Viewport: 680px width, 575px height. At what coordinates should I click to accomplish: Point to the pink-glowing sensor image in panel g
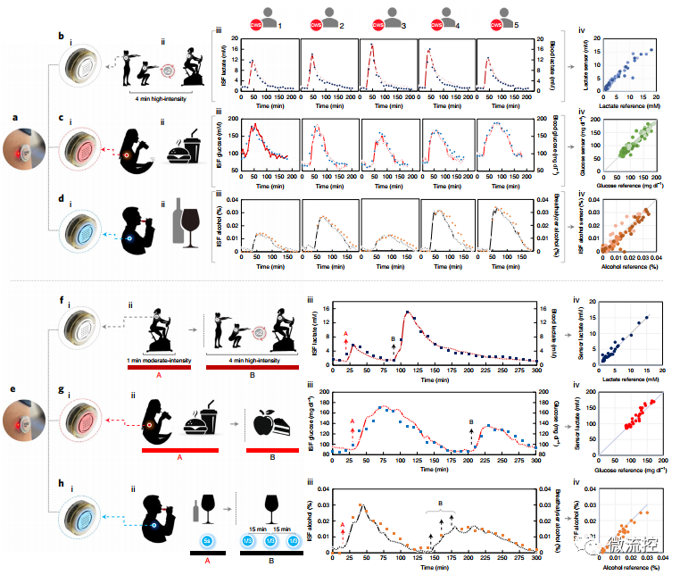click(x=81, y=419)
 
